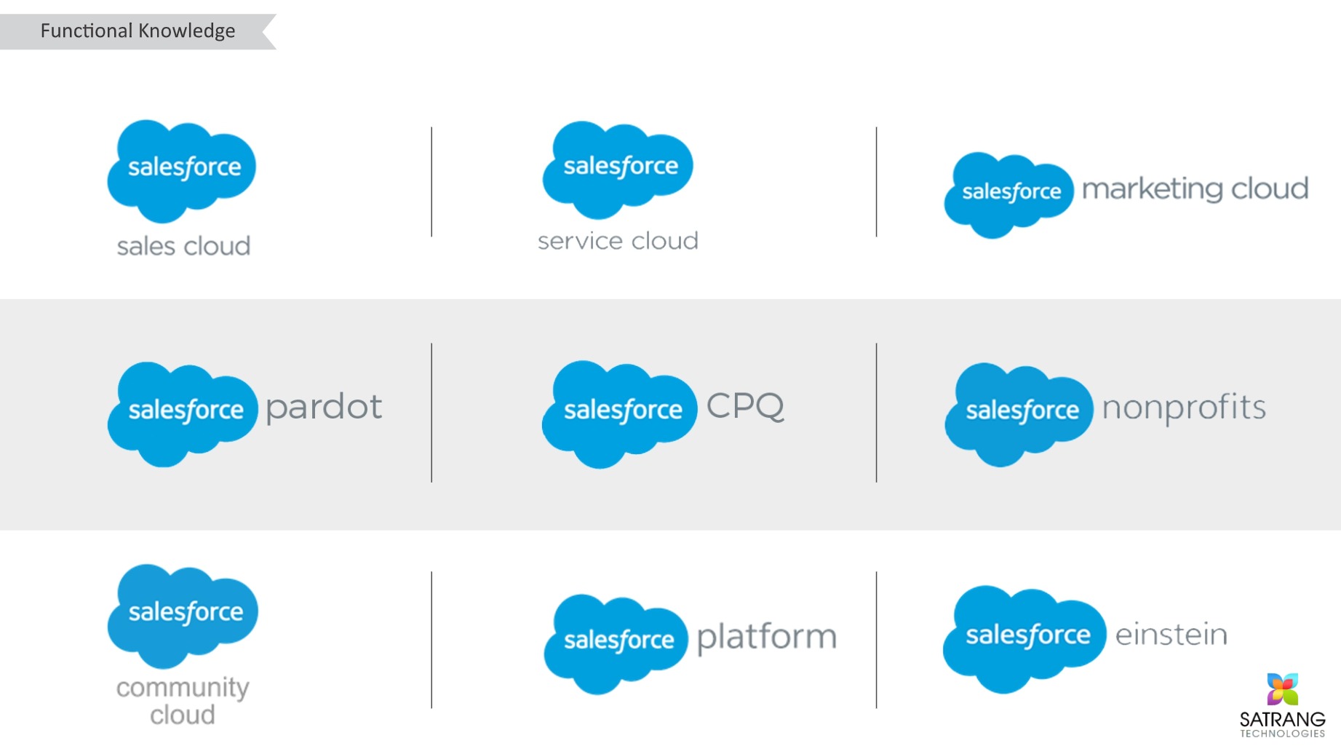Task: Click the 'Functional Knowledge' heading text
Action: point(138,31)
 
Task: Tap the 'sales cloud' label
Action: point(183,246)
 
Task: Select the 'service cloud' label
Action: point(618,241)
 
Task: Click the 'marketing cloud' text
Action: point(1195,188)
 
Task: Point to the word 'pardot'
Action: point(324,407)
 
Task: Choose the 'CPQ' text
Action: point(746,405)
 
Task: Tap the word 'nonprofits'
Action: point(1184,408)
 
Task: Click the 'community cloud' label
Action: point(183,701)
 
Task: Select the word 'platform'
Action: point(767,638)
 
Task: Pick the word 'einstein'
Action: point(1171,634)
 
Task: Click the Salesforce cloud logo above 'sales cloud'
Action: point(182,171)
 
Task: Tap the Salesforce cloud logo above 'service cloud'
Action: point(618,170)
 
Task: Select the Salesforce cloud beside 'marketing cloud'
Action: point(1008,195)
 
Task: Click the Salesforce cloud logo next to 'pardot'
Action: point(183,414)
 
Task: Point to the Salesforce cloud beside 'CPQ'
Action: point(619,414)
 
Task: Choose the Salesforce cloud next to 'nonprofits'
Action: point(1019,414)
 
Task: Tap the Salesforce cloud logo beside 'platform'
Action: point(616,644)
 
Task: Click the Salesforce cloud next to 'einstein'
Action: point(1024,639)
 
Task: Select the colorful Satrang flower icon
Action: point(1282,689)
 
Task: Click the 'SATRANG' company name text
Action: point(1283,719)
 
